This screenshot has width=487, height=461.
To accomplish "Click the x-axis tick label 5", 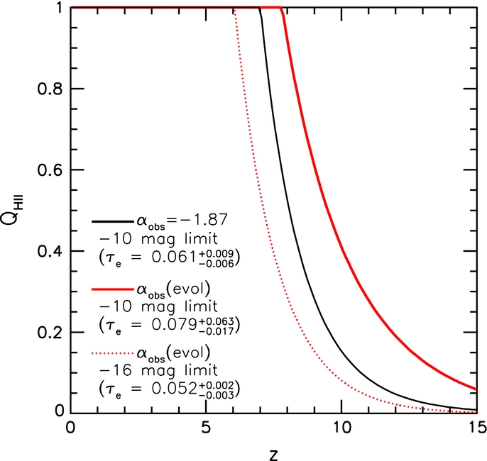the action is click(x=206, y=428).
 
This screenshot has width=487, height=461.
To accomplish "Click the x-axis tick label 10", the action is click(x=342, y=428).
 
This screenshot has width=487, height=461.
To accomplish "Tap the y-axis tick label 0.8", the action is click(x=50, y=89).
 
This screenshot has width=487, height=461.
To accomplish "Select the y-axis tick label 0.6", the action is click(x=50, y=170).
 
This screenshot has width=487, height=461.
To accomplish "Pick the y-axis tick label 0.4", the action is click(x=50, y=251).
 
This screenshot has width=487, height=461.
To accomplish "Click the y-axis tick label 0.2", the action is click(x=50, y=333).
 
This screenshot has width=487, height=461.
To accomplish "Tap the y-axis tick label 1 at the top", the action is click(x=60, y=7).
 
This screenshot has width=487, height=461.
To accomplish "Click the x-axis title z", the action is click(x=273, y=455).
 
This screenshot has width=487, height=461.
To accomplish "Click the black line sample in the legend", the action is click(x=112, y=221).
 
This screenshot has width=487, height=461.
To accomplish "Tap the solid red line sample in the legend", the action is click(x=112, y=289).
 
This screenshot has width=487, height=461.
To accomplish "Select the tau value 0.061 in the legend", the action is click(x=175, y=257).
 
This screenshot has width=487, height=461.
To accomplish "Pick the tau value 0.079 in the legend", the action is click(x=175, y=326).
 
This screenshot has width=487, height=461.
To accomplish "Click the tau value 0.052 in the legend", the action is click(x=175, y=389).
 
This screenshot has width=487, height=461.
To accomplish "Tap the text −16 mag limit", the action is click(x=158, y=370).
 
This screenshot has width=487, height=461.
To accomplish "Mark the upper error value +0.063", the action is click(x=216, y=321).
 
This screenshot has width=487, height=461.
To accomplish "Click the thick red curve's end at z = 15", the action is click(x=476, y=389).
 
